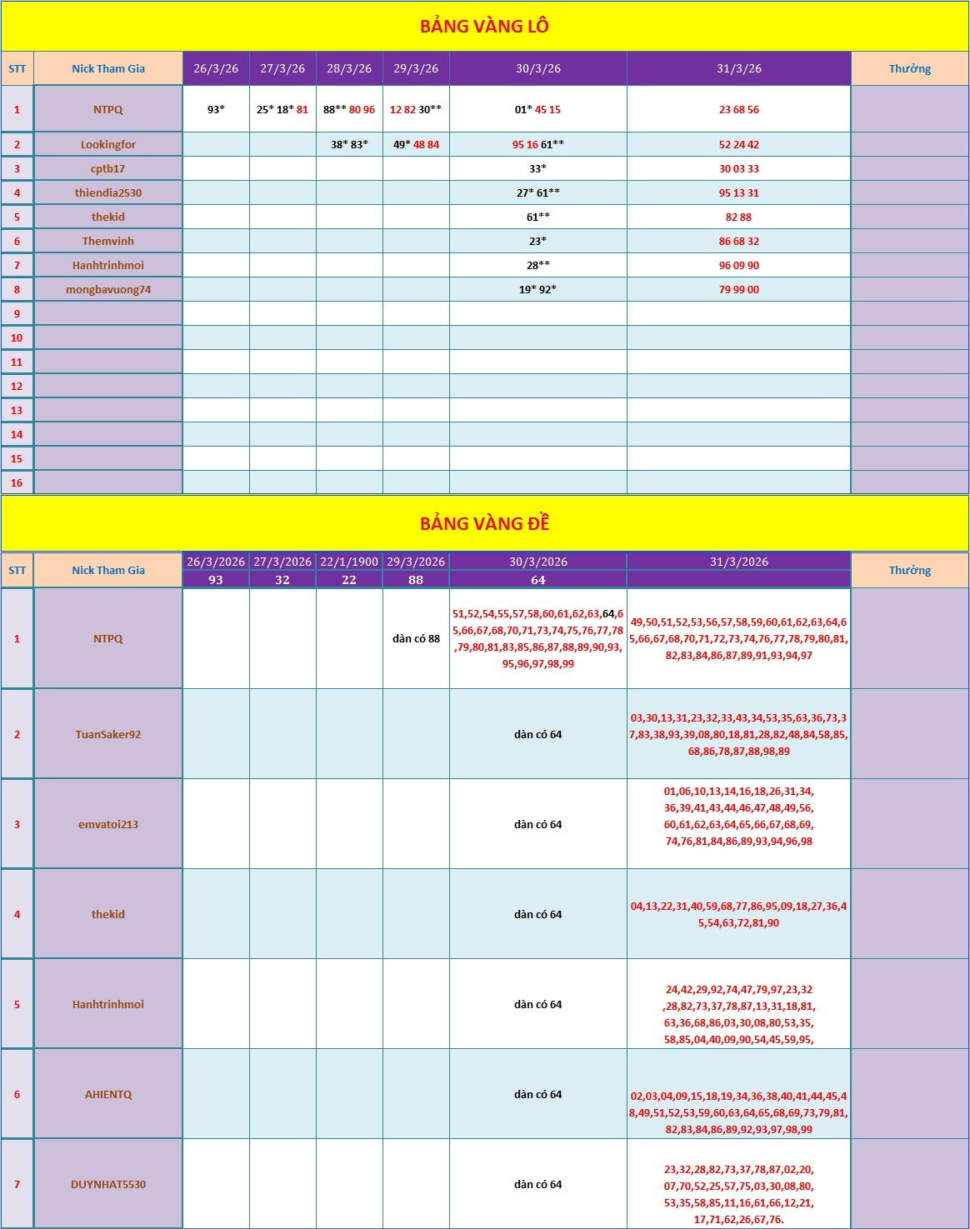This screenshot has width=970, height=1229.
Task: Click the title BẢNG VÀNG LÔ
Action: pyautogui.click(x=484, y=27)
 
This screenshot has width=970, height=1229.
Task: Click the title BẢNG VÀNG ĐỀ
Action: pyautogui.click(x=484, y=524)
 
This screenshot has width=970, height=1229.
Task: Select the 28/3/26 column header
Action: pyautogui.click(x=349, y=68)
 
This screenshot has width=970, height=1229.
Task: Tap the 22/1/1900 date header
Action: pyautogui.click(x=349, y=562)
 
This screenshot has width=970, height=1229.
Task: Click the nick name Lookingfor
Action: pyautogui.click(x=108, y=144)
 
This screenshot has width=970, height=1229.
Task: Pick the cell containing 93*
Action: pyautogui.click(x=216, y=109)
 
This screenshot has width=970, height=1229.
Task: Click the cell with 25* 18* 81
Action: pyautogui.click(x=282, y=109)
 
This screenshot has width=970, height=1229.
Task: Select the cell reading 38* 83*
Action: pyautogui.click(x=349, y=144)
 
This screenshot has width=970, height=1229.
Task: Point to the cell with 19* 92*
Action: pyautogui.click(x=537, y=289)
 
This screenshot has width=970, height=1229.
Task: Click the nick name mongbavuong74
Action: pyautogui.click(x=108, y=289)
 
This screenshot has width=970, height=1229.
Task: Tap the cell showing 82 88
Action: pyautogui.click(x=738, y=217)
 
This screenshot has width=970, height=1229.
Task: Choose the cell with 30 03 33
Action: pyautogui.click(x=738, y=168)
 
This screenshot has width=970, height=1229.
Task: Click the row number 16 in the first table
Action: pyautogui.click(x=17, y=482)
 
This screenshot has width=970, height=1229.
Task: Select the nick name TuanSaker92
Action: pyautogui.click(x=108, y=734)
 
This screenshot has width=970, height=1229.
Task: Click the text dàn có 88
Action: pyautogui.click(x=416, y=638)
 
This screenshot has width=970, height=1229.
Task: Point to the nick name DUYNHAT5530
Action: pyautogui.click(x=108, y=1184)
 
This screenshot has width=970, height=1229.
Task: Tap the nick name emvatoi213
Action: pyautogui.click(x=108, y=824)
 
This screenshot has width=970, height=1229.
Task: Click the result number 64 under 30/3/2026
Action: pyautogui.click(x=537, y=580)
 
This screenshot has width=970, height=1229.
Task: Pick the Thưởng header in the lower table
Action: pyautogui.click(x=909, y=570)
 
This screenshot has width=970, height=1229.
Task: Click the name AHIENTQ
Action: pyautogui.click(x=108, y=1094)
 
